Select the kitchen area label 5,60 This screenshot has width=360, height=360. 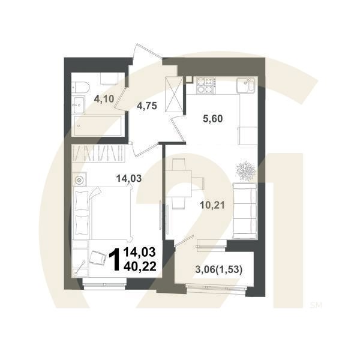211,118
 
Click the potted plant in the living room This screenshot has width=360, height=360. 247,170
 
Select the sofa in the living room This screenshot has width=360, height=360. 244,210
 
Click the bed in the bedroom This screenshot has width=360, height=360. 103,214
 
